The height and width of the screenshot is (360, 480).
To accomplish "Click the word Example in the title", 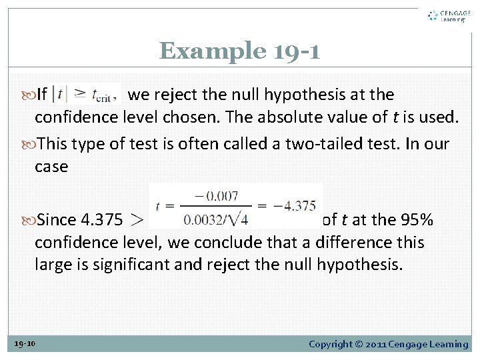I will (203, 51).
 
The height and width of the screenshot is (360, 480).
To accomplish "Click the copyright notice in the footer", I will (388, 344).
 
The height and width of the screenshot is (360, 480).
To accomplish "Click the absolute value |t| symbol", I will (65, 94).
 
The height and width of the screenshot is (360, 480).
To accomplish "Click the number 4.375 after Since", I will (101, 219).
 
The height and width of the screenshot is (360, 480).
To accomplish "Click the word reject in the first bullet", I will (174, 95).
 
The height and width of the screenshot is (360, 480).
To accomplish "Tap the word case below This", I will (51, 167).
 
